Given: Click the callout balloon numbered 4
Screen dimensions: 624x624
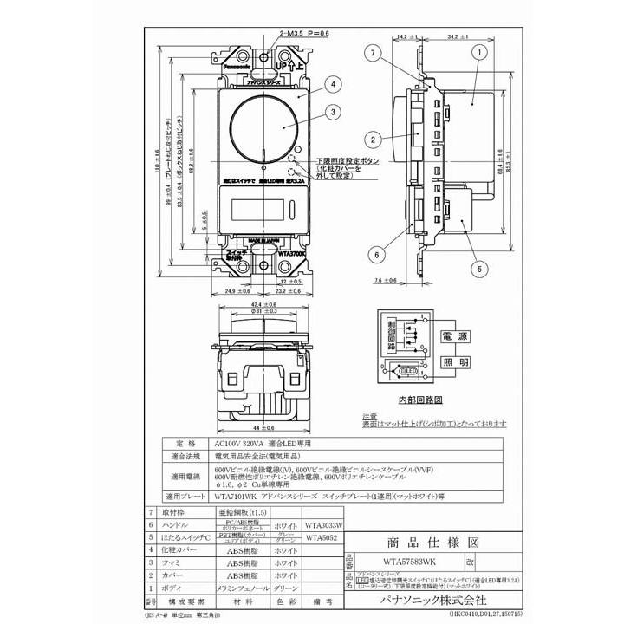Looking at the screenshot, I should (x=332, y=85).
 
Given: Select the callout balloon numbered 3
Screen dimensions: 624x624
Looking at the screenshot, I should (x=332, y=110).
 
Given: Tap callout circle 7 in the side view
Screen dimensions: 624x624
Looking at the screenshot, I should (x=372, y=55).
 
